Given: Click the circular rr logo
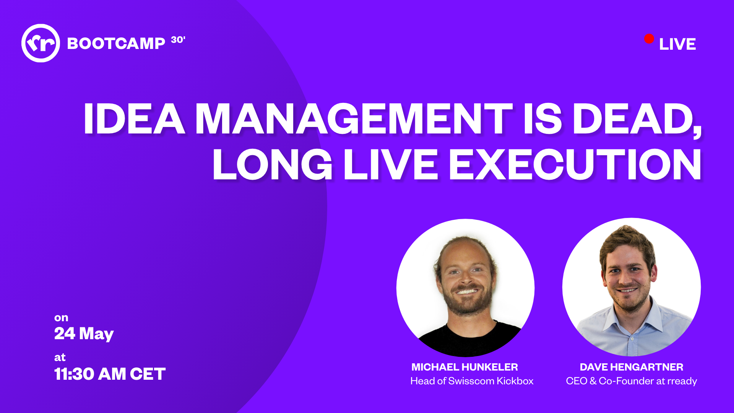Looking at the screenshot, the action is point(41,43).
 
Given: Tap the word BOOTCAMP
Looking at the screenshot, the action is point(116,44).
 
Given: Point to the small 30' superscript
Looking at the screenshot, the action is point(178,40).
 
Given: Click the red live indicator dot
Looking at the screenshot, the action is point(649,39).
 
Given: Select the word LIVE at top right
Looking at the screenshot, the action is point(677,44).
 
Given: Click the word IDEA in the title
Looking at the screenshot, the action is point(134,119).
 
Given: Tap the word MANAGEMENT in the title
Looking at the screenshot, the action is point(354,119).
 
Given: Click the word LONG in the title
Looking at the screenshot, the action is point(273,164).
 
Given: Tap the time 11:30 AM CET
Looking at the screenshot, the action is point(110,374).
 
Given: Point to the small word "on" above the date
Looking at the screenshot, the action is point(61,318).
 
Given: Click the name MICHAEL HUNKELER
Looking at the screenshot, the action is point(465,367).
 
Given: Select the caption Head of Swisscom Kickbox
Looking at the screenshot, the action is point(472,381).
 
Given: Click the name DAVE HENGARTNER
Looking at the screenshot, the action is point(632,367).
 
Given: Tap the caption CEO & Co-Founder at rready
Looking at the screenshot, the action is point(632,381).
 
